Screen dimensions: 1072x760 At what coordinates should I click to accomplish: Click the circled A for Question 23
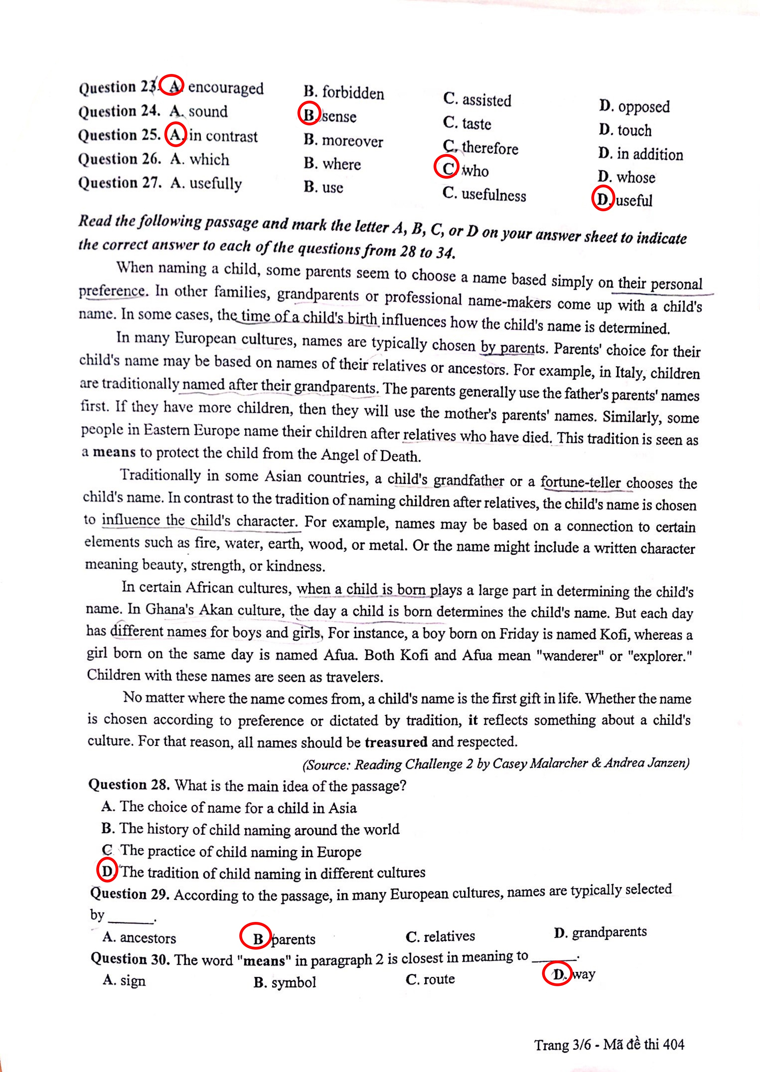tap(173, 85)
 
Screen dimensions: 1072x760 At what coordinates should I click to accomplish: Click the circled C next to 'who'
tap(446, 167)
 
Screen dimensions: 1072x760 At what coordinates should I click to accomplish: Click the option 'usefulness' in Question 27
tap(493, 195)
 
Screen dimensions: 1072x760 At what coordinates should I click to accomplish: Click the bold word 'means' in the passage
tap(114, 452)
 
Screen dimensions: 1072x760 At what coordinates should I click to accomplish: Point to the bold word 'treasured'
tap(396, 742)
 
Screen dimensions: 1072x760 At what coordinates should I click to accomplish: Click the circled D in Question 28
tap(107, 871)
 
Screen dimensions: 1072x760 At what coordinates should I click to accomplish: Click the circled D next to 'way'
tap(557, 975)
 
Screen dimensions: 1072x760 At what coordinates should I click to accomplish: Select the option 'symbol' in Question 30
tap(294, 982)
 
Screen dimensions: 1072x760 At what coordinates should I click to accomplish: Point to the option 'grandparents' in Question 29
tap(609, 932)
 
